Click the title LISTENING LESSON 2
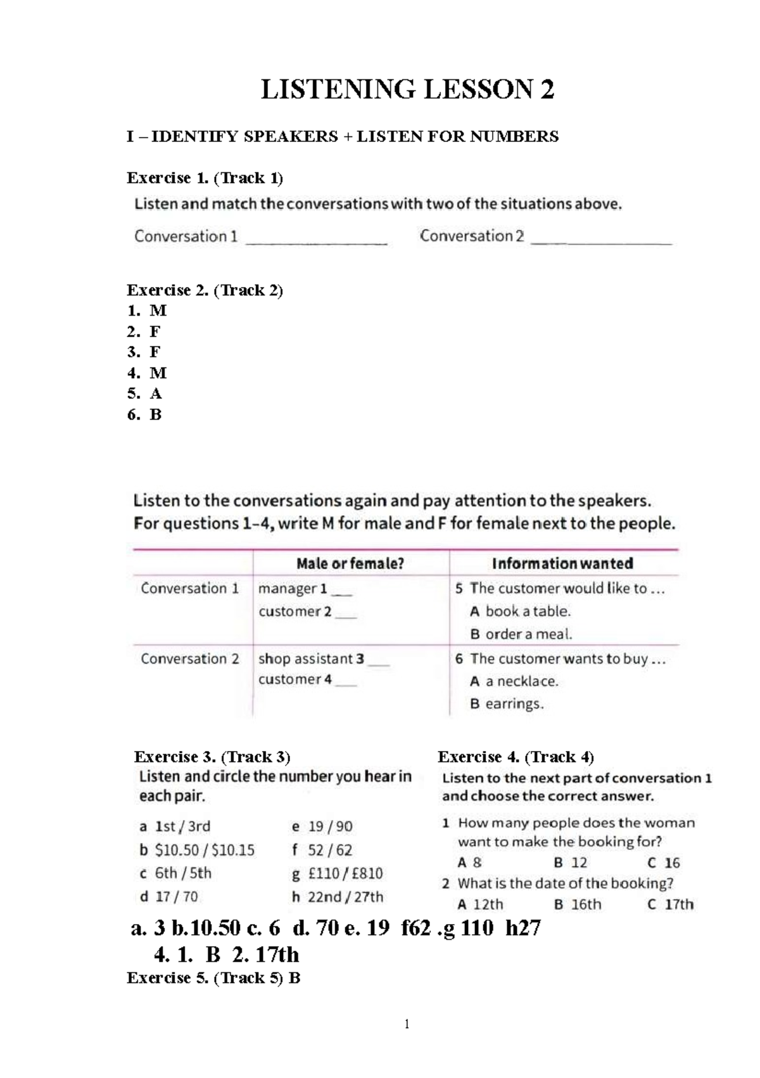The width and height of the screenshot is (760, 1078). [x=407, y=89]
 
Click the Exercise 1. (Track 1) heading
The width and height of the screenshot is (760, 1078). [x=205, y=178]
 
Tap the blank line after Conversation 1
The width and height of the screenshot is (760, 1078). [x=316, y=240]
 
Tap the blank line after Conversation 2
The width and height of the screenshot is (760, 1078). [x=601, y=240]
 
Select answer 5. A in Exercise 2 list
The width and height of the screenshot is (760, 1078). [x=145, y=394]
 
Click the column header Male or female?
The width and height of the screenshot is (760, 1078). [x=350, y=563]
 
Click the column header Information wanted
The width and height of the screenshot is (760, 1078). [x=562, y=563]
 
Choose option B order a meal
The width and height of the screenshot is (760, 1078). [x=521, y=634]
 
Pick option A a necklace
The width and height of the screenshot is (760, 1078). [x=514, y=681]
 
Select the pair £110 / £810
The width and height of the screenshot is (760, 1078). [x=345, y=873]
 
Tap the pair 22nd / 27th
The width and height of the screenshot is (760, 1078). [x=345, y=897]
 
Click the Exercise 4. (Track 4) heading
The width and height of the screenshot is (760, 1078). [x=516, y=757]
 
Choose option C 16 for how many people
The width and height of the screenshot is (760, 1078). [x=664, y=863]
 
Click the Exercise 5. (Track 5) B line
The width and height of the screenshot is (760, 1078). [x=213, y=978]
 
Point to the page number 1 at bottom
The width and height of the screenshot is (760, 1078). [x=407, y=1024]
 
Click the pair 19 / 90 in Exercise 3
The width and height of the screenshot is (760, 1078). [x=330, y=826]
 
